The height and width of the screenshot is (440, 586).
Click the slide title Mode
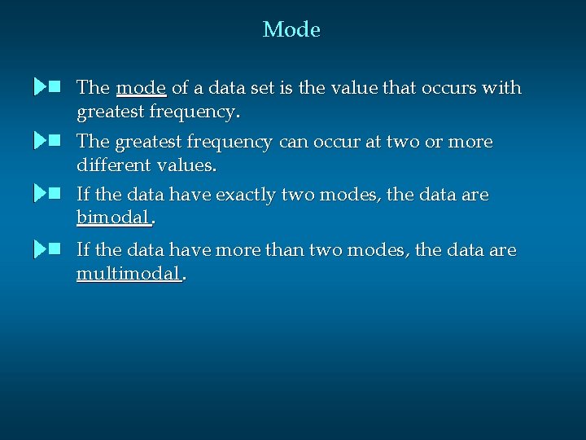[291, 30]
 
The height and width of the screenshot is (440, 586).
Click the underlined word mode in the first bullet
[142, 88]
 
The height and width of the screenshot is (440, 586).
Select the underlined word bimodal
[113, 218]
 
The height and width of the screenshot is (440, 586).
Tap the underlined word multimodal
[128, 273]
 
